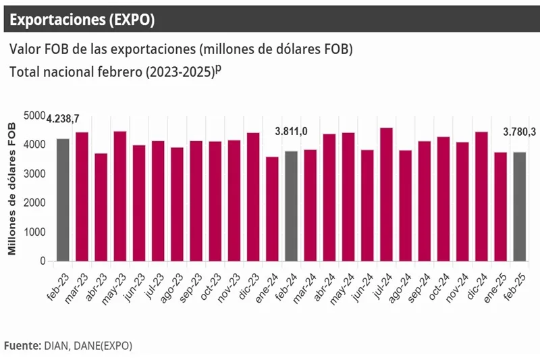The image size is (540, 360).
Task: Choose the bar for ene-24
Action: [x=272, y=209]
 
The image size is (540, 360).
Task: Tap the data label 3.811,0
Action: [x=291, y=131]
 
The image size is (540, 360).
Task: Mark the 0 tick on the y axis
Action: [x=42, y=261]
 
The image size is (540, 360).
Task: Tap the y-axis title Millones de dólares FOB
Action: [x=11, y=185]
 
